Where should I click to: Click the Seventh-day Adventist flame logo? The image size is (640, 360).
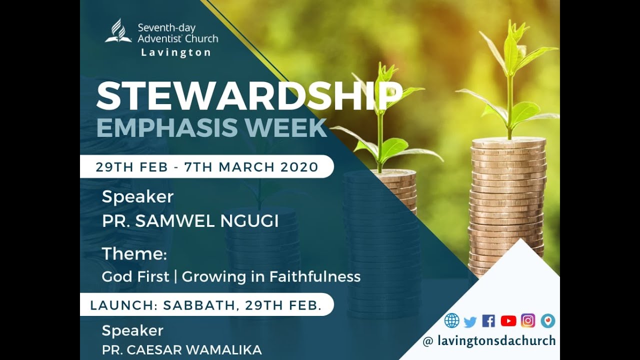click(118, 31)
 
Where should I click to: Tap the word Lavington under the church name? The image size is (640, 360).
click(175, 52)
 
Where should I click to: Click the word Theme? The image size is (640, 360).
click(134, 254)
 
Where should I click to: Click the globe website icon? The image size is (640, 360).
click(451, 320)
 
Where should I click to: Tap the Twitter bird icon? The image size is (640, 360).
click(470, 321)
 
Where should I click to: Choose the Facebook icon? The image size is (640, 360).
click(488, 321)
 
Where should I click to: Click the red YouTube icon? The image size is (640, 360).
click(508, 321)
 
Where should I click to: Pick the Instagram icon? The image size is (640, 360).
click(527, 320)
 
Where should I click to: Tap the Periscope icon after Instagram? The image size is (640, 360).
click(547, 320)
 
